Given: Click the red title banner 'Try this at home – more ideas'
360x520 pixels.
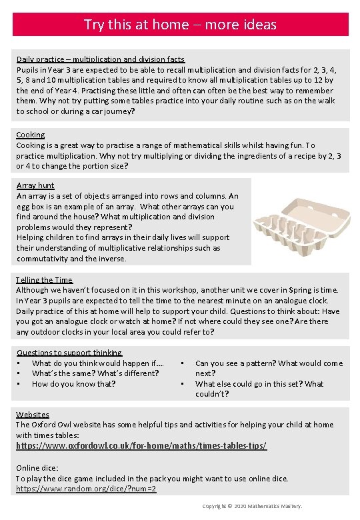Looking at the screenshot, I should [x=180, y=25].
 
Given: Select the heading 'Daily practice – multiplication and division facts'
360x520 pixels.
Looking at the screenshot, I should [x=101, y=59].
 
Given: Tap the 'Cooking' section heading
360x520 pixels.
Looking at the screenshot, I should [x=31, y=135].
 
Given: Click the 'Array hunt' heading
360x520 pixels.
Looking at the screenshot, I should [x=35, y=185].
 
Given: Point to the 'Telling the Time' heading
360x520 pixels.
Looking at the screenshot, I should [x=45, y=280].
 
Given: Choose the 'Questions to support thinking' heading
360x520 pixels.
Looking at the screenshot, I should [x=69, y=353].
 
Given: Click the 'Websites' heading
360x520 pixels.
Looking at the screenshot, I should [x=33, y=415].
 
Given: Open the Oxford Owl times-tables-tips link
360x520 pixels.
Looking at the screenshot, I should [x=141, y=445].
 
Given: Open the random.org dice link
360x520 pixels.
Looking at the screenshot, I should [x=86, y=489].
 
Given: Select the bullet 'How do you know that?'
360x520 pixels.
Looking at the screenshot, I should [x=73, y=383].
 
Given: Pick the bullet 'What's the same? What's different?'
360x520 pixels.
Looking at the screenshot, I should [x=95, y=373].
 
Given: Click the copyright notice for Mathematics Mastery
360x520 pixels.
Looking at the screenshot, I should [x=252, y=507].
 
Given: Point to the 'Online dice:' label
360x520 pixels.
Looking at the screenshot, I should [x=37, y=468].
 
